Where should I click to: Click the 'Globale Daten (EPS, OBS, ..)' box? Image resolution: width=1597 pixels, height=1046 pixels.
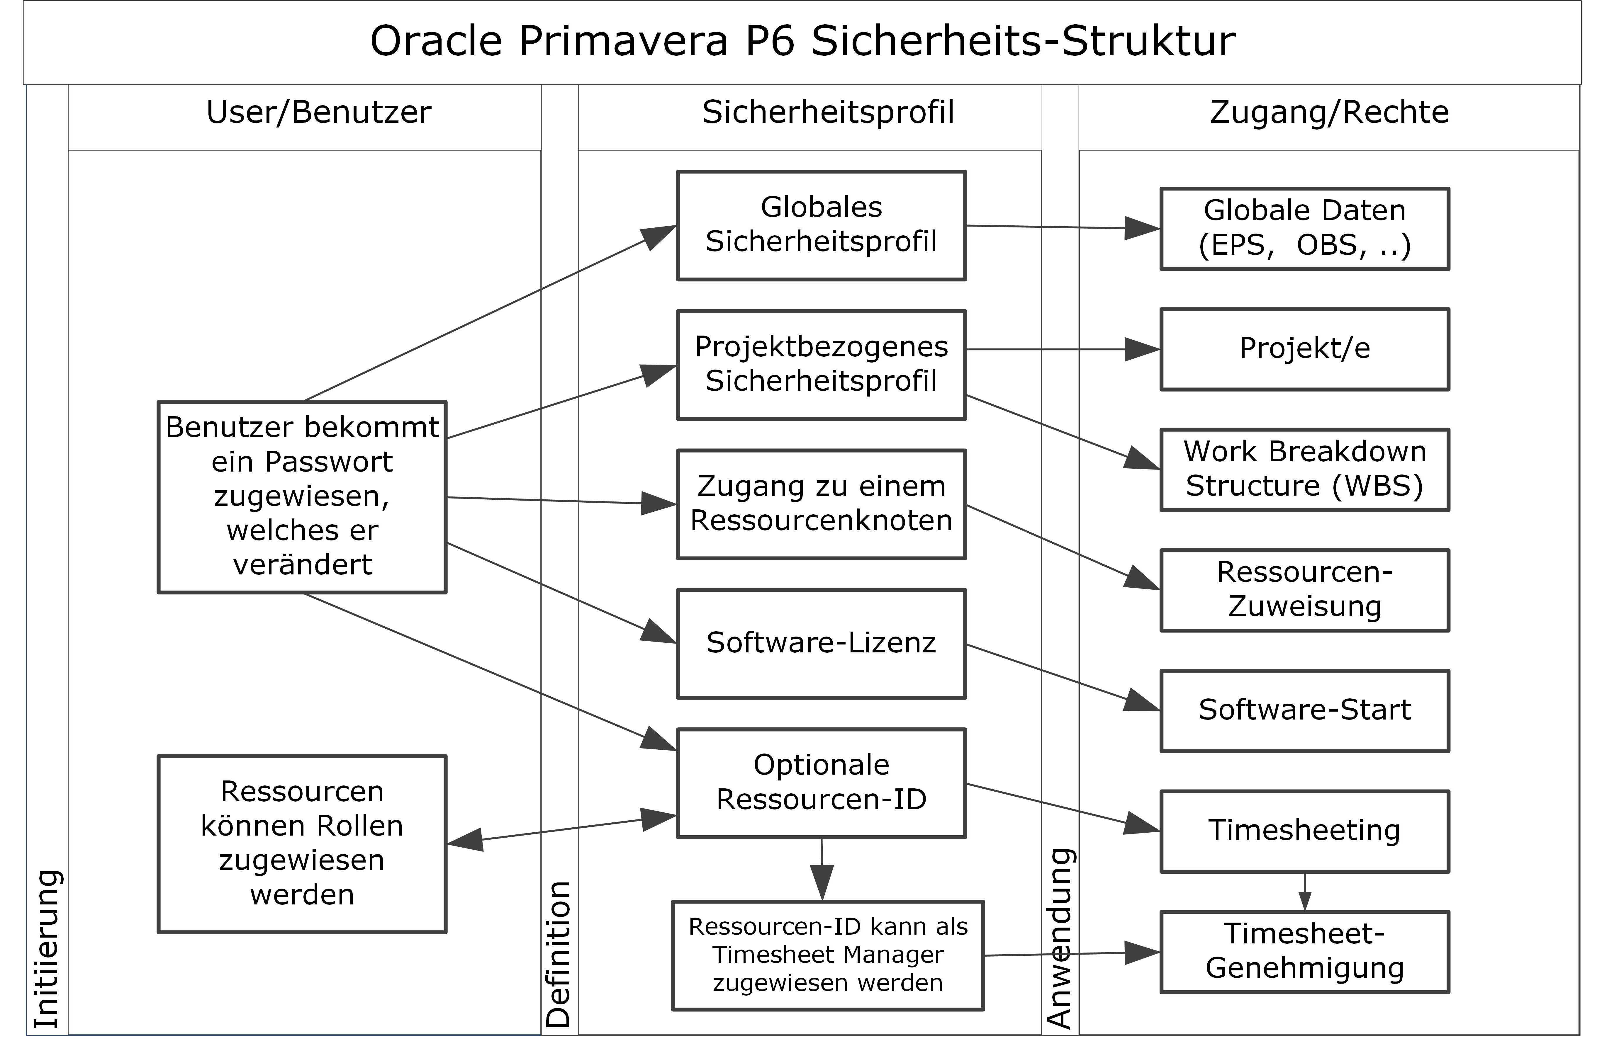1304,229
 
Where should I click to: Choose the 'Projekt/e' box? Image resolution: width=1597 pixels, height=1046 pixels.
1304,349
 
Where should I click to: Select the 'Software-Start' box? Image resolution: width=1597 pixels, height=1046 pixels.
1304,710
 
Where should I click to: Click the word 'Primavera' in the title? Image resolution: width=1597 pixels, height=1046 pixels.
623,42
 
